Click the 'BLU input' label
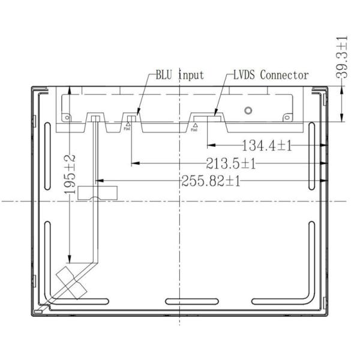tap(179, 76)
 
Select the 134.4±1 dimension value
tap(266, 145)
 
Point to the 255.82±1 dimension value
tap(210, 181)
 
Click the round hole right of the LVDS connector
tap(248, 112)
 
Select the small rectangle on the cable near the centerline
tap(98, 193)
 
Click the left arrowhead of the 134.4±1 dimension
tap(209, 145)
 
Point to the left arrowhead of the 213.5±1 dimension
tap(134, 163)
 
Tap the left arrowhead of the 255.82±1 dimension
tap(100, 180)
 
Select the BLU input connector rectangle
tap(131, 116)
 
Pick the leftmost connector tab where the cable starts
tap(95, 118)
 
